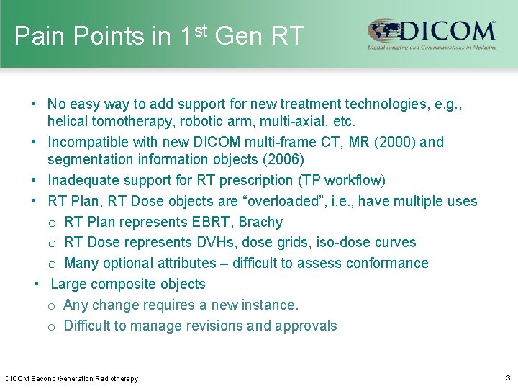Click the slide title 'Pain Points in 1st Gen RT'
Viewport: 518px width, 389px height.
tap(159, 35)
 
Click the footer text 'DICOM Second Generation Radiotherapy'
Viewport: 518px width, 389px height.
tap(72, 378)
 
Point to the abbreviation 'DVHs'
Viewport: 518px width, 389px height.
tap(211, 243)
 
